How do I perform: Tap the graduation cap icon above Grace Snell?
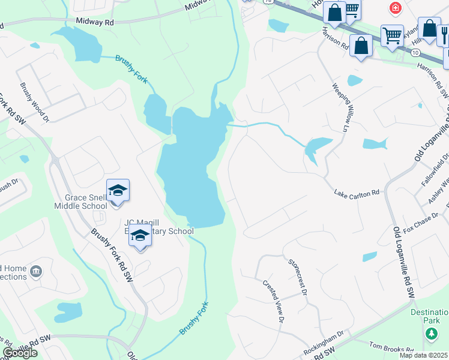pyautogui.click(x=118, y=191)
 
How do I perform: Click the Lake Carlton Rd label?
pyautogui.click(x=357, y=193)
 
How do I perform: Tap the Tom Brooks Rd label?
pyautogui.click(x=391, y=347)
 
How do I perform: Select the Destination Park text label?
pyautogui.click(x=429, y=316)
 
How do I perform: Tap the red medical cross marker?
pyautogui.click(x=395, y=8)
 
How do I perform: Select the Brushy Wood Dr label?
pyautogui.click(x=34, y=102)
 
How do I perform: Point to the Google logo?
pyautogui.click(x=20, y=353)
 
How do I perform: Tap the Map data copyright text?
pyautogui.click(x=423, y=355)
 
